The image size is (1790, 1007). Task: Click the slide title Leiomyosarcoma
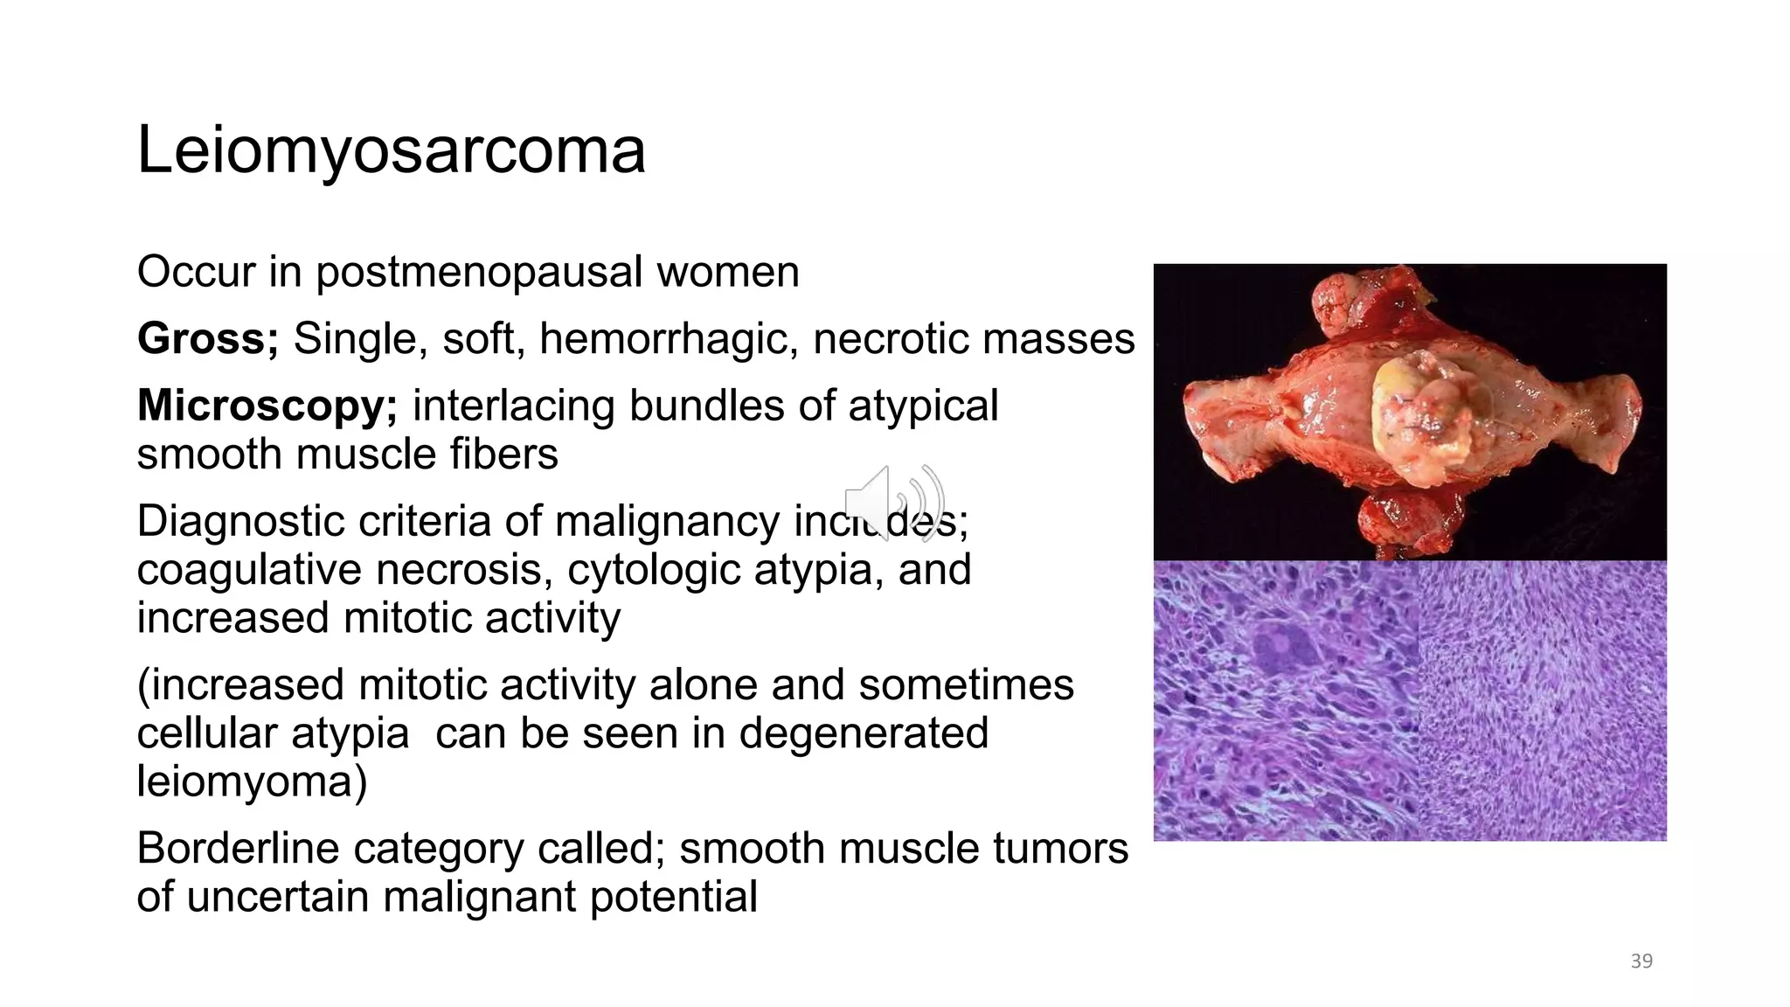coord(391,150)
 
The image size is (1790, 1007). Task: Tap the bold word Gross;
coord(207,338)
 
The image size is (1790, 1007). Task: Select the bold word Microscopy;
coord(267,406)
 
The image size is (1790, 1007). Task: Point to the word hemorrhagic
coord(669,339)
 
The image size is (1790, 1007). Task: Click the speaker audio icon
coord(894,503)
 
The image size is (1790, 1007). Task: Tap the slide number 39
coord(1641,962)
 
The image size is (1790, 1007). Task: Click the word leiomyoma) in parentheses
coord(252,781)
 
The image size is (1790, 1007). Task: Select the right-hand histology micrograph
coord(1543,701)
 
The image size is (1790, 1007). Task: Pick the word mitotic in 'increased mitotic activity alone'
coord(559,684)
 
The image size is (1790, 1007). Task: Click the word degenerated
coord(863,733)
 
